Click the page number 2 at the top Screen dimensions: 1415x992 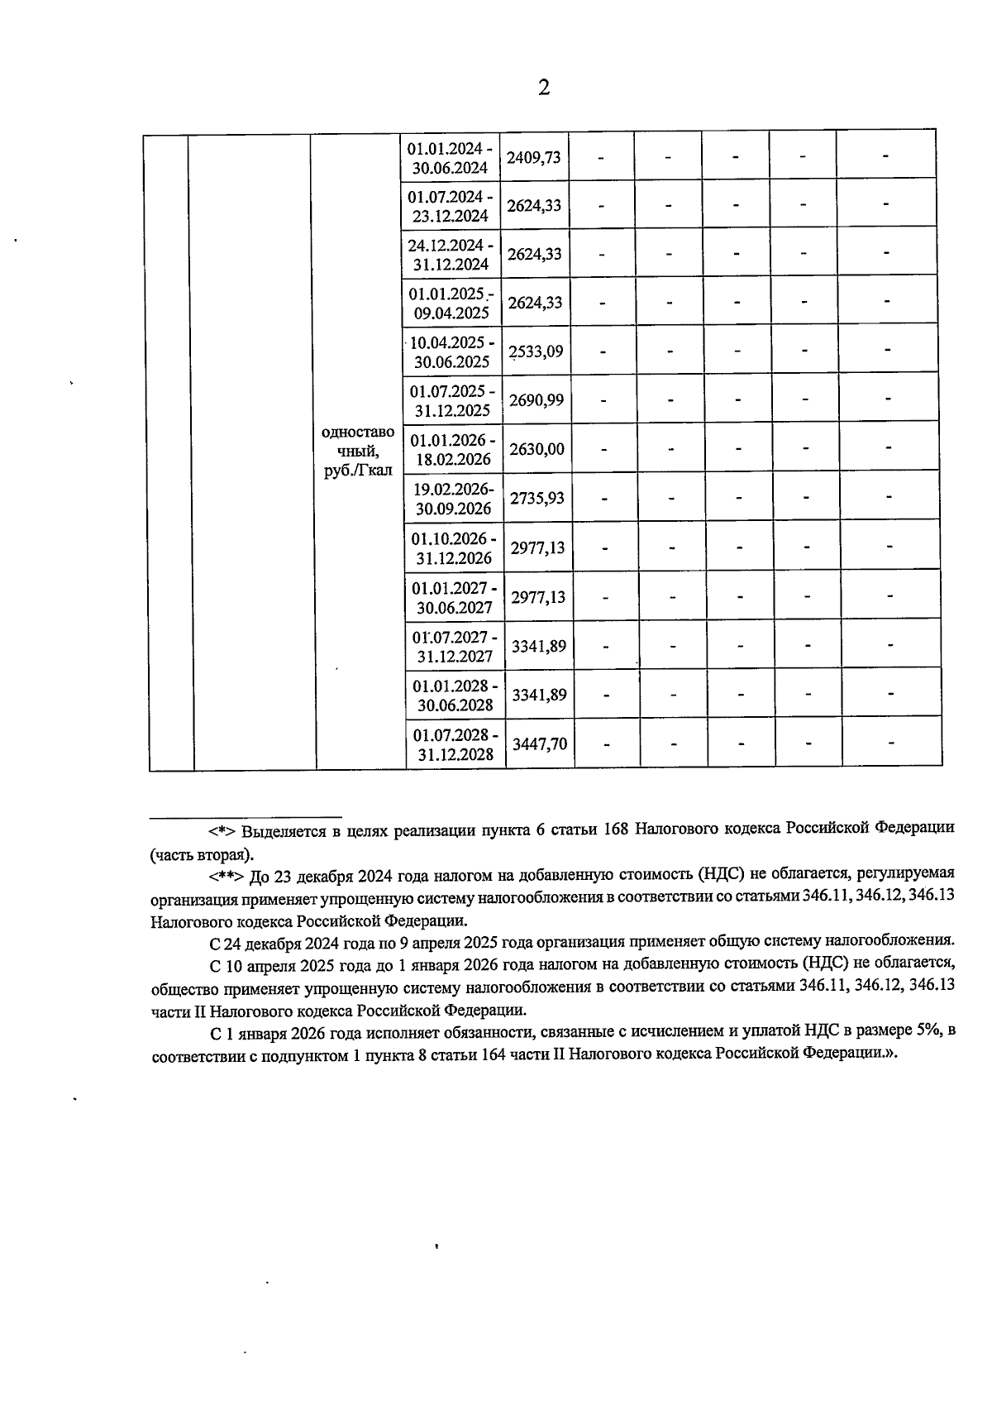tap(543, 88)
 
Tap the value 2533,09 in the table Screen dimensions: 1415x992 tap(537, 351)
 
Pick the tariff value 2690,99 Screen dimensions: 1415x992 tap(537, 400)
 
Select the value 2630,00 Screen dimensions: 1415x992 tap(537, 449)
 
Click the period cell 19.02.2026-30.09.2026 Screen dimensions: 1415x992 tap(453, 498)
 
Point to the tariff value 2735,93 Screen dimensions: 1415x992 tap(537, 499)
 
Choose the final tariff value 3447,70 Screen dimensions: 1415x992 tap(540, 743)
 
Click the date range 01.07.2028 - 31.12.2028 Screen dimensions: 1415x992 tap(455, 744)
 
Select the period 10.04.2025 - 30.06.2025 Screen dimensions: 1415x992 tap(452, 351)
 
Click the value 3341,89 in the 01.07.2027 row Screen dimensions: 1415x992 tap(539, 646)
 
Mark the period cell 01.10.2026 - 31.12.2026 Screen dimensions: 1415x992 tap(454, 547)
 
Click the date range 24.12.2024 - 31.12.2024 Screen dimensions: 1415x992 tap(451, 255)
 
